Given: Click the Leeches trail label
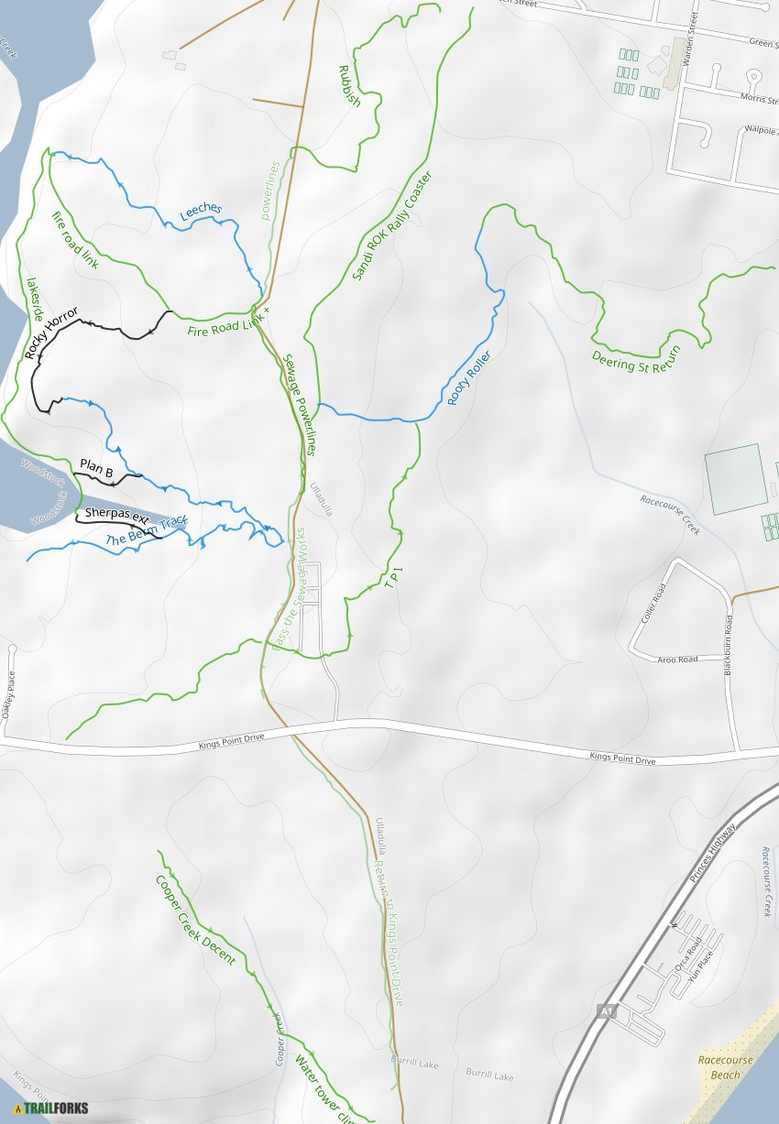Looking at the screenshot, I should (201, 212).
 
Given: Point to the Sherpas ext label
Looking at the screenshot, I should (116, 515).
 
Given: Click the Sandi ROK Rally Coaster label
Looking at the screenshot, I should (391, 225).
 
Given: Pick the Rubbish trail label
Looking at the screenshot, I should (349, 86).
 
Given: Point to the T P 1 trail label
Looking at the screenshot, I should (394, 578).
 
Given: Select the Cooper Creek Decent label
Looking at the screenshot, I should (195, 920).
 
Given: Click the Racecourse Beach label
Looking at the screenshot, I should (725, 1067).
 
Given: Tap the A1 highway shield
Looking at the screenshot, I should (606, 1010).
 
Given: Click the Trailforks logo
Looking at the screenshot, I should (51, 1108).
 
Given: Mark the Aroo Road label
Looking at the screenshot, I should (677, 659).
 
